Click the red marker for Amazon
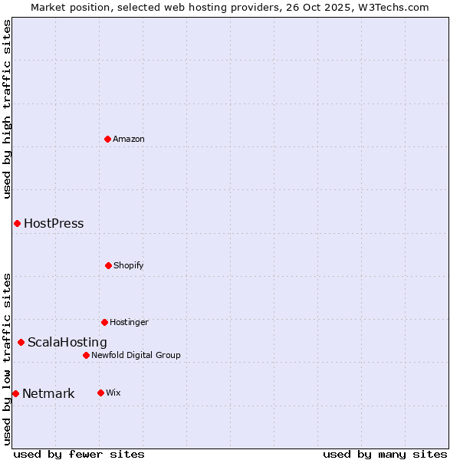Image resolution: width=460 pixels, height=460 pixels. pyautogui.click(x=107, y=139)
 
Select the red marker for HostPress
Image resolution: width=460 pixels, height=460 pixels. pyautogui.click(x=17, y=223)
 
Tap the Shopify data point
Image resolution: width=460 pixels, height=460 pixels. pyautogui.click(x=108, y=265)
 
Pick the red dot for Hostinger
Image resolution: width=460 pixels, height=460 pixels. pyautogui.click(x=104, y=322)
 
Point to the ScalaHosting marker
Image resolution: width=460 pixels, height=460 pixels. pyautogui.click(x=21, y=342)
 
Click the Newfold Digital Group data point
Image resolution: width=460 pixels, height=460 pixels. pyautogui.click(x=86, y=355)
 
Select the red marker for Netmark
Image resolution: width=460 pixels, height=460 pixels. pyautogui.click(x=15, y=393)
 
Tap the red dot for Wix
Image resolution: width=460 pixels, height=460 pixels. pyautogui.click(x=100, y=393)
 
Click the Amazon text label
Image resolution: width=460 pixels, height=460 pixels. pyautogui.click(x=129, y=139)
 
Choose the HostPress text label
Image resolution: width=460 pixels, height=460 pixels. pyautogui.click(x=54, y=224)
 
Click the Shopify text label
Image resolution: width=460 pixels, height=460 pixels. pyautogui.click(x=129, y=265)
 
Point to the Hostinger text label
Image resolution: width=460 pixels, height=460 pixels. pyautogui.click(x=129, y=322)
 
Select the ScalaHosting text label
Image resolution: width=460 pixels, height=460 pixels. pyautogui.click(x=67, y=343)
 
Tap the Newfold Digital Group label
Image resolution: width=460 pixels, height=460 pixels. pyautogui.click(x=136, y=355)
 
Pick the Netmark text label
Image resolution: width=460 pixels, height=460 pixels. pyautogui.click(x=48, y=394)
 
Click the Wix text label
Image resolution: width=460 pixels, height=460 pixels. pyautogui.click(x=113, y=393)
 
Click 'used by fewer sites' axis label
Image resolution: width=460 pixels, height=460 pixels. pyautogui.click(x=79, y=454)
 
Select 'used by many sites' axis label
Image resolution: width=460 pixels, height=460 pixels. pyautogui.click(x=385, y=454)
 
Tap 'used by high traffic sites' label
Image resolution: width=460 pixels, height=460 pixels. pyautogui.click(x=7, y=109)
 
